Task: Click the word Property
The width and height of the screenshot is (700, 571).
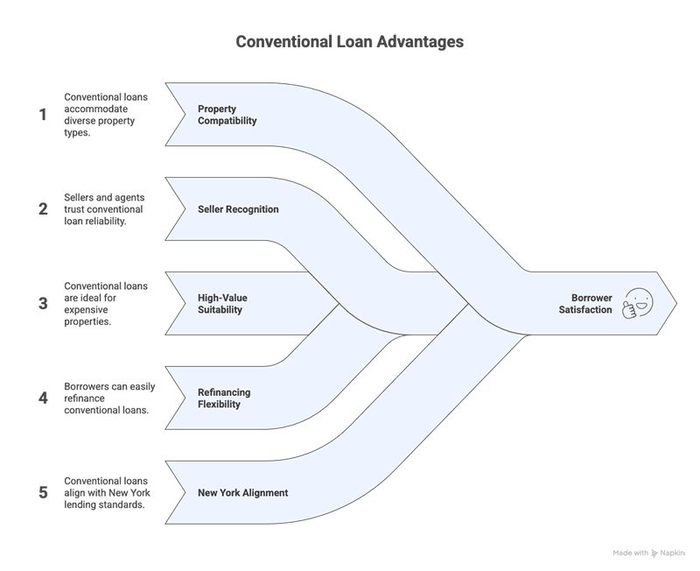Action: pyautogui.click(x=217, y=109)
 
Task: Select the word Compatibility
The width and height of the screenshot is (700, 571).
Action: pyautogui.click(x=227, y=121)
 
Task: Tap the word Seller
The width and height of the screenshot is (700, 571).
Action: pyautogui.click(x=213, y=209)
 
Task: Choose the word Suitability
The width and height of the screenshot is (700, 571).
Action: pyautogui.click(x=220, y=310)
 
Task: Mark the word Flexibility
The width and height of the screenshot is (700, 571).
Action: pyautogui.click(x=220, y=405)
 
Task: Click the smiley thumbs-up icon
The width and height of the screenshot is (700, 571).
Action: pyautogui.click(x=636, y=304)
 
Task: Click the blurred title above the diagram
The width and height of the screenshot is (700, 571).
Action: pyautogui.click(x=351, y=41)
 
